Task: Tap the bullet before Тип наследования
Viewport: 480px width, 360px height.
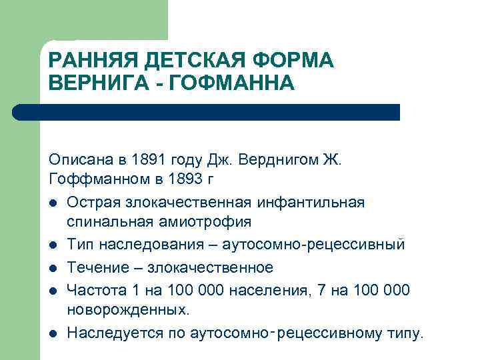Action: point(53,245)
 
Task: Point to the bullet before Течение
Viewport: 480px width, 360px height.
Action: point(53,268)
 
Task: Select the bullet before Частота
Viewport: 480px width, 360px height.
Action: point(53,289)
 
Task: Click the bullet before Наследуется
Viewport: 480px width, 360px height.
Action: point(53,333)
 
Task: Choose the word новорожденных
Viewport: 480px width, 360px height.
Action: point(128,311)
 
